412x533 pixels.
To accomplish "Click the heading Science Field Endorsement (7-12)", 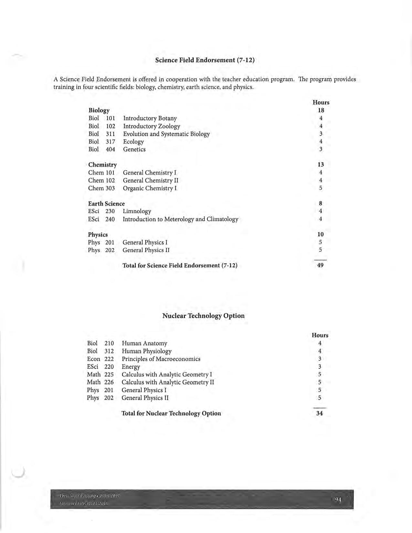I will [205, 60].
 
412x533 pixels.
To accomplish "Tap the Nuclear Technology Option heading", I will [203, 316].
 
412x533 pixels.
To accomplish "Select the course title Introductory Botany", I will [150, 118].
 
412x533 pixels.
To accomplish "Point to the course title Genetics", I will [134, 149].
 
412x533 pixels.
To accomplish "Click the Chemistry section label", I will [102, 165].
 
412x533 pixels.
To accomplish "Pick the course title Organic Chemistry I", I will [150, 188].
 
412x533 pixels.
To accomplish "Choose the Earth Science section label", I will [106, 204].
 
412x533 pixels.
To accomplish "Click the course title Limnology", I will [137, 211].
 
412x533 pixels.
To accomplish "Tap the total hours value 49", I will [320, 265].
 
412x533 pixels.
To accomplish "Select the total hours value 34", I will [320, 413].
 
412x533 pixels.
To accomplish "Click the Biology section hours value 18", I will [321, 110].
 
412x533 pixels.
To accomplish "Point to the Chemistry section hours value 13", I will [321, 165].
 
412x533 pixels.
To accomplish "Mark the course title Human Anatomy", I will [144, 343].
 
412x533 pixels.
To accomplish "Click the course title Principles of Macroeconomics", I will [161, 359].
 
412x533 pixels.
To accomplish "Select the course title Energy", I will [131, 367].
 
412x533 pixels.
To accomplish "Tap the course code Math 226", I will [100, 382].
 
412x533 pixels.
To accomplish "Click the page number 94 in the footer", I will [338, 500].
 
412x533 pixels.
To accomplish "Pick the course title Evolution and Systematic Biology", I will [166, 134].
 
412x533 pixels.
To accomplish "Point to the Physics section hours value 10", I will [320, 235].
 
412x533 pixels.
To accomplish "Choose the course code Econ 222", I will [100, 359].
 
